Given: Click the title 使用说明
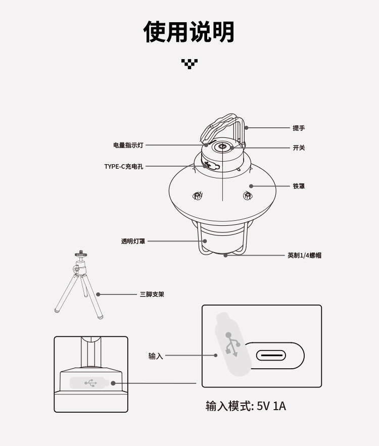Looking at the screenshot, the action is [x=189, y=32].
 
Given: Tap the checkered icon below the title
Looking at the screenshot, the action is [x=189, y=64].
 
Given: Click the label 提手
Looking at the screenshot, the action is [x=299, y=128].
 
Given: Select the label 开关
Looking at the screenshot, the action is [x=299, y=148].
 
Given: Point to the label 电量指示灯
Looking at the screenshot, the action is [x=128, y=145].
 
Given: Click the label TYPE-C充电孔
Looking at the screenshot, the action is [x=124, y=167].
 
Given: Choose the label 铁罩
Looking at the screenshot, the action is [x=299, y=186].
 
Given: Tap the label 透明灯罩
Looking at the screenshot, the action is [x=133, y=241].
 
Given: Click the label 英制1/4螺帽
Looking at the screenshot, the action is [x=304, y=256].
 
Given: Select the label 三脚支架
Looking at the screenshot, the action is [x=152, y=294].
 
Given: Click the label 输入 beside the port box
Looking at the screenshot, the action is [x=156, y=356].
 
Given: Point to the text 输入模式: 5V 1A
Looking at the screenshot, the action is [x=246, y=406].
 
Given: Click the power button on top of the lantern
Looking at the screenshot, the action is [x=222, y=147].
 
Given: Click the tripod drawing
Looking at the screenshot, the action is [x=79, y=285].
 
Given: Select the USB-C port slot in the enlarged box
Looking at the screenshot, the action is [x=271, y=356].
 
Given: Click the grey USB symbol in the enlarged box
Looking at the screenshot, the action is [x=232, y=344].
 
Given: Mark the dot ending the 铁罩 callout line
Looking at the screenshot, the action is [x=251, y=186].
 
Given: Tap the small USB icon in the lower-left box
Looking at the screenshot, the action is [x=90, y=383].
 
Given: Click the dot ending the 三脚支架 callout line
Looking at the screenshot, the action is [x=98, y=294].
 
